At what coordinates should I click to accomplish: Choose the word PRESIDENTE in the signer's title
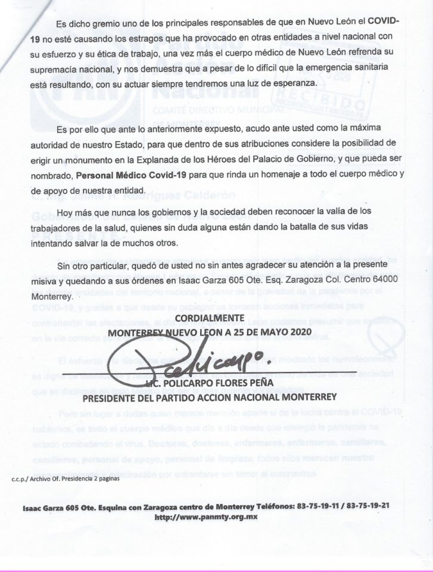click(114, 397)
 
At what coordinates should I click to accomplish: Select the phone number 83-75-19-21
click(369, 505)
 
